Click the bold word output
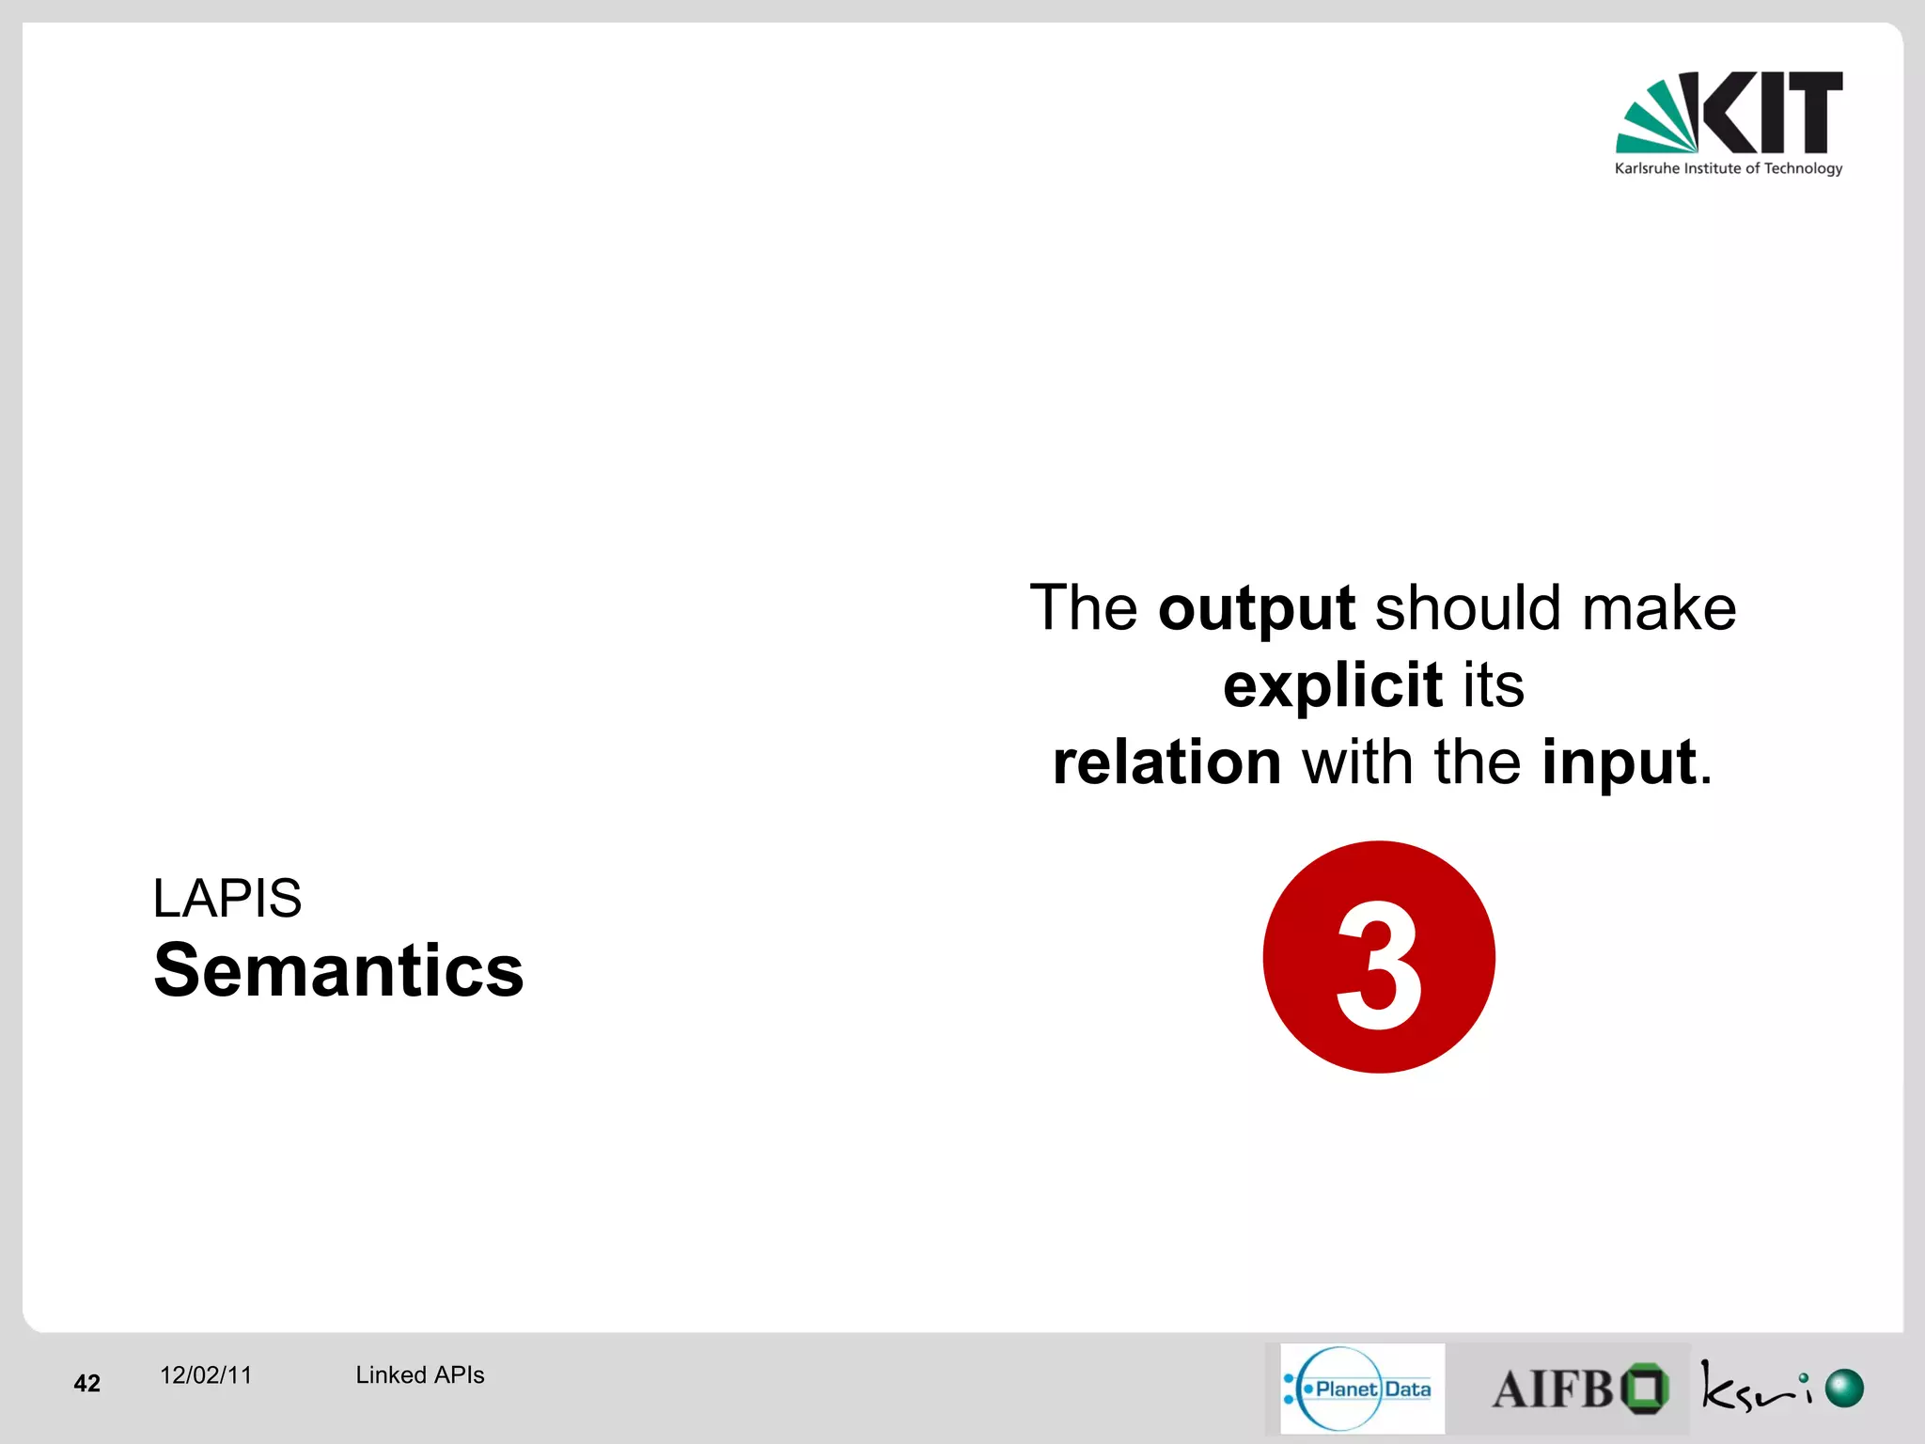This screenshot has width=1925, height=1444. (x=1257, y=609)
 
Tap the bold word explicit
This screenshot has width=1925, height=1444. (x=1332, y=685)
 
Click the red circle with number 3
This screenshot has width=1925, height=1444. (x=1378, y=957)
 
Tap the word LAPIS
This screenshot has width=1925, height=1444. (x=227, y=898)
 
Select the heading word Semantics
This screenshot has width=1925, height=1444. (x=338, y=970)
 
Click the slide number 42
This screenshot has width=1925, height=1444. (x=86, y=1383)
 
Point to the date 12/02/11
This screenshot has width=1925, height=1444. (x=206, y=1375)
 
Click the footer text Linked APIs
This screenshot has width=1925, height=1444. (x=419, y=1375)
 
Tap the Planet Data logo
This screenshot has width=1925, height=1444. (x=1361, y=1389)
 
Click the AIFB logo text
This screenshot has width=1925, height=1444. (x=1553, y=1389)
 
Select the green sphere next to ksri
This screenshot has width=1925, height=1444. (x=1843, y=1389)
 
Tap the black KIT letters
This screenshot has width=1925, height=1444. (x=1772, y=112)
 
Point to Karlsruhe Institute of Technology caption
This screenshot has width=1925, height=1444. (x=1728, y=168)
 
